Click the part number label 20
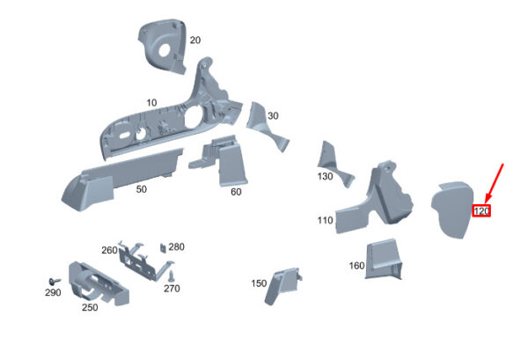pos(195,40)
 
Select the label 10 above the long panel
pos(151,103)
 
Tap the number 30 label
pos(273,116)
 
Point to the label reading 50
pos(142,189)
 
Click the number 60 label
pos(236,192)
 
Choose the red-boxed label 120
pos(481,211)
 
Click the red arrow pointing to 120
pos(494,183)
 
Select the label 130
pos(326,176)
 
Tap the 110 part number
pos(326,220)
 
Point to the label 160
pos(357,266)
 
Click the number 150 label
pos(259,283)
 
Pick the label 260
pos(109,250)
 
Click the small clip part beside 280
pos(163,248)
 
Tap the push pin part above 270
pos(172,276)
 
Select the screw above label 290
pos(55,281)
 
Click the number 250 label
pos(90,307)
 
